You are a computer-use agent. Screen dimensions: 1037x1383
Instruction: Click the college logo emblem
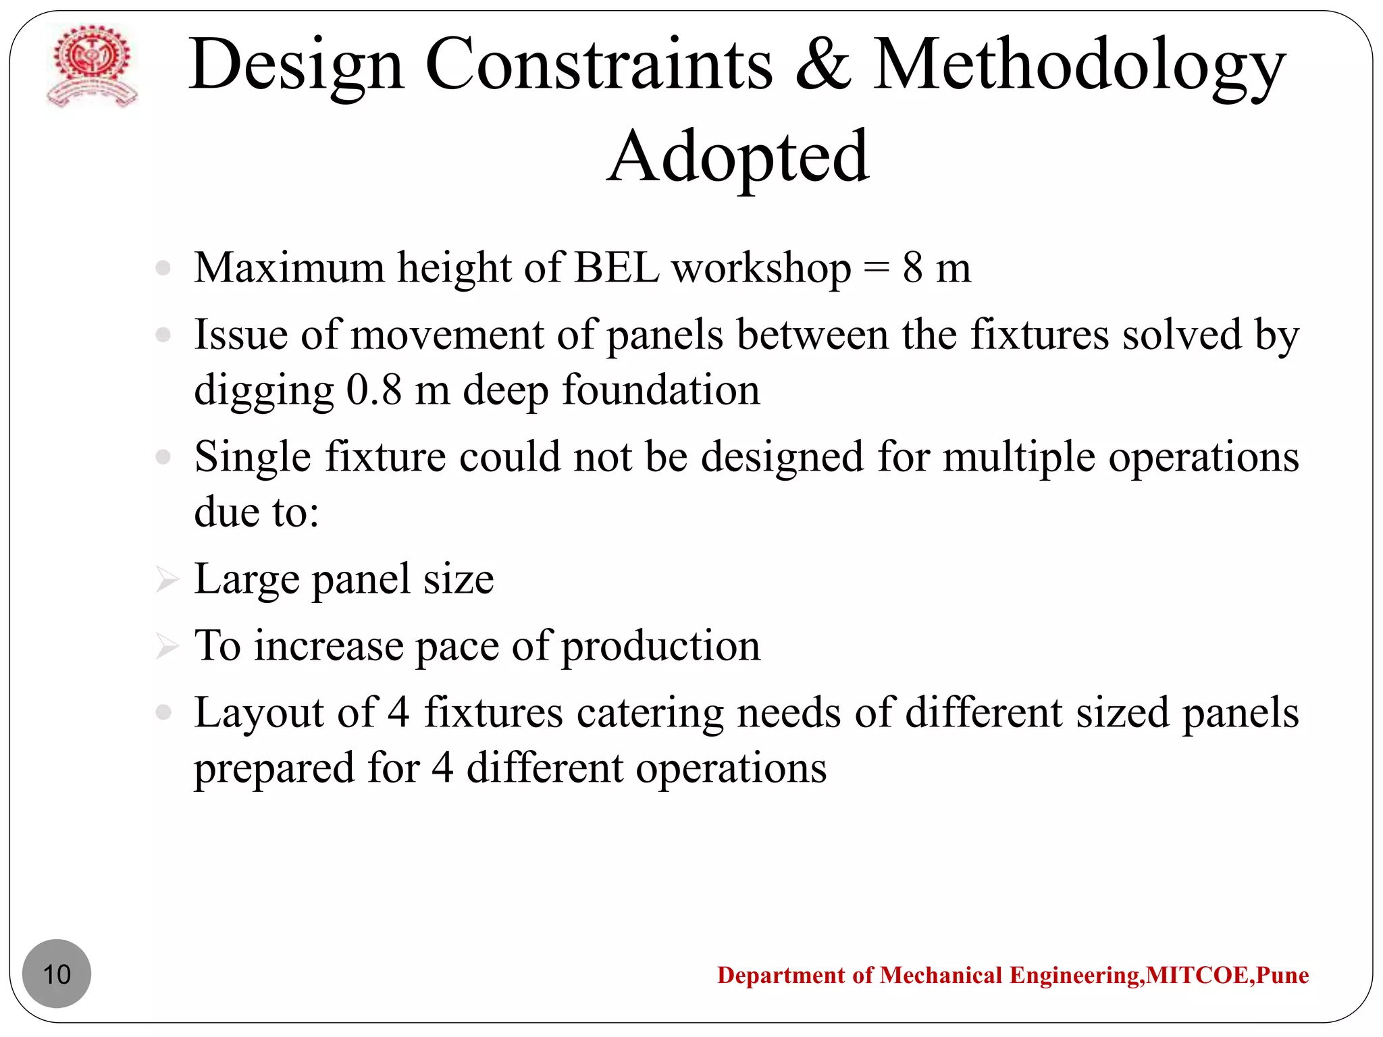(92, 66)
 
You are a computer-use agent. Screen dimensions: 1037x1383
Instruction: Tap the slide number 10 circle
(57, 974)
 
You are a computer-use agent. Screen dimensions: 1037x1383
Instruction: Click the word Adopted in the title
(738, 157)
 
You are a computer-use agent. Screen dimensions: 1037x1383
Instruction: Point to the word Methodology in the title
(1079, 66)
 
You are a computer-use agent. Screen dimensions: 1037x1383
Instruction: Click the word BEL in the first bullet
(616, 268)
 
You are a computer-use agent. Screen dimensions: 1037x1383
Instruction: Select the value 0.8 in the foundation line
(373, 390)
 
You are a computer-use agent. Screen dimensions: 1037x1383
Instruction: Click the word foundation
(661, 390)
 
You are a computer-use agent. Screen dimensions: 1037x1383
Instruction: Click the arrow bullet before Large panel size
(166, 579)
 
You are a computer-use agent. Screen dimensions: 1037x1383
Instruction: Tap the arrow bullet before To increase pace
(166, 646)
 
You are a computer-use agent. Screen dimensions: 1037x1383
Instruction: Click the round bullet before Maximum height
(163, 268)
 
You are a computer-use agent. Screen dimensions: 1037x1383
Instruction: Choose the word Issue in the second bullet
(241, 335)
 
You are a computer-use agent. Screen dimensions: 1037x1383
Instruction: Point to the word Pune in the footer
(1282, 975)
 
